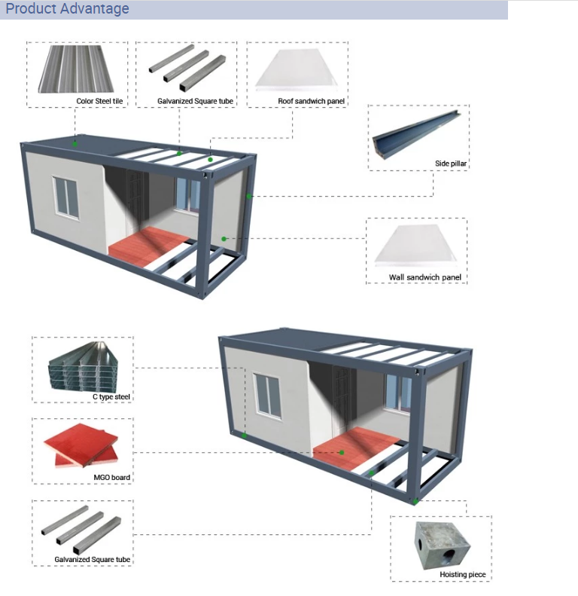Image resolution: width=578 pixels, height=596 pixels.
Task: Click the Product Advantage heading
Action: point(68,9)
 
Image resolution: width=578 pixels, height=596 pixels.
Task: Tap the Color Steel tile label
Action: point(99,101)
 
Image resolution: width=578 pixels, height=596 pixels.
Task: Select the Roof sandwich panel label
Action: point(311,101)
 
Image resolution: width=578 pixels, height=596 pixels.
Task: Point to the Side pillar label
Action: point(452,164)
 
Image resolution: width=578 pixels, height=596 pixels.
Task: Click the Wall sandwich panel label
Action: point(424,278)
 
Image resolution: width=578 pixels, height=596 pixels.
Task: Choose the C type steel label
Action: point(111,396)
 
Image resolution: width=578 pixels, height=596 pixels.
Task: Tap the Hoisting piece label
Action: point(463,575)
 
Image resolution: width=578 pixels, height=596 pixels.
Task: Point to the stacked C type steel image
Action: point(81,366)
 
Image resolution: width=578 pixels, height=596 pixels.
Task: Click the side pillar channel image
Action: point(416,136)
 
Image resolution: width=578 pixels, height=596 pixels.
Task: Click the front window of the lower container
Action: point(267,394)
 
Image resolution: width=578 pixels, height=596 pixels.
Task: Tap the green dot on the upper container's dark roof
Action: point(75,142)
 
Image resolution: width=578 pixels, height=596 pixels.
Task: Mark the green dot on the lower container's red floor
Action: point(342,453)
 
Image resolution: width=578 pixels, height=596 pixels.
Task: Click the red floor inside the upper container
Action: point(151,243)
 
